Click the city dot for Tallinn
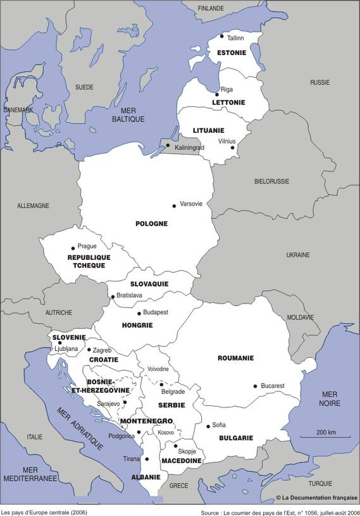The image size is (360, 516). tap(221, 37)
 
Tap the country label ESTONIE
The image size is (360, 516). tap(232, 52)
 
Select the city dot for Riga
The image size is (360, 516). tap(217, 94)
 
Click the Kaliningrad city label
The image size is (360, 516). tap(189, 147)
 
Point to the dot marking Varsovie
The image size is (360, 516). tap(174, 206)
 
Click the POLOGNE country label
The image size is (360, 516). tap(151, 223)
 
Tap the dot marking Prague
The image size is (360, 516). tap(73, 248)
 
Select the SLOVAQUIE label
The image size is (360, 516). tap(149, 284)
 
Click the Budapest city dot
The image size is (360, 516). tap(139, 313)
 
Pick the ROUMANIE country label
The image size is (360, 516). tap(235, 358)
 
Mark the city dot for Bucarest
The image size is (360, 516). tap(255, 386)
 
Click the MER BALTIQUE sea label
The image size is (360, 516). tap(128, 114)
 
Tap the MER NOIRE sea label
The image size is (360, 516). tap(330, 398)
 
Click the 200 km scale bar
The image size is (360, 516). tap(326, 436)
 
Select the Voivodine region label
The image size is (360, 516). tap(158, 369)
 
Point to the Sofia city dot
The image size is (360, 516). tap(208, 426)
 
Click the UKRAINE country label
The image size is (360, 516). tap(298, 255)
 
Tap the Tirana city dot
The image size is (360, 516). tap(147, 459)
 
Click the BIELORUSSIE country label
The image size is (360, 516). tap(271, 181)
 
